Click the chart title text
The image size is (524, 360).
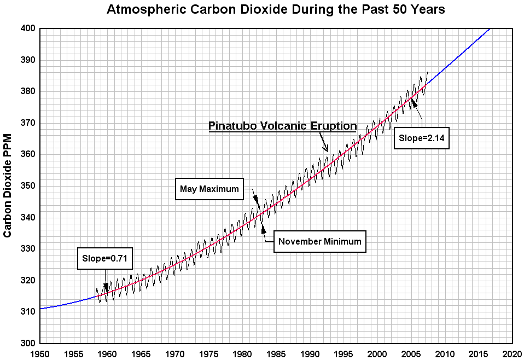pyautogui.click(x=275, y=9)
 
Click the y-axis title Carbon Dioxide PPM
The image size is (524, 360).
pyautogui.click(x=8, y=185)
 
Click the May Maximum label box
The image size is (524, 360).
pyautogui.click(x=209, y=189)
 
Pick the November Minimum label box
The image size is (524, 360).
pyautogui.click(x=319, y=241)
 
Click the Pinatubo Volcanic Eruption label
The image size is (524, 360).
pyautogui.click(x=282, y=126)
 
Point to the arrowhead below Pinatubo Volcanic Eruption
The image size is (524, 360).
pyautogui.click(x=326, y=148)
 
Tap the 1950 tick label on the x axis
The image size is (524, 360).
pyautogui.click(x=40, y=353)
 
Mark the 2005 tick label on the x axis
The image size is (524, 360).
pyautogui.click(x=411, y=353)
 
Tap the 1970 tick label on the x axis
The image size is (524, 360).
pyautogui.click(x=174, y=353)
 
